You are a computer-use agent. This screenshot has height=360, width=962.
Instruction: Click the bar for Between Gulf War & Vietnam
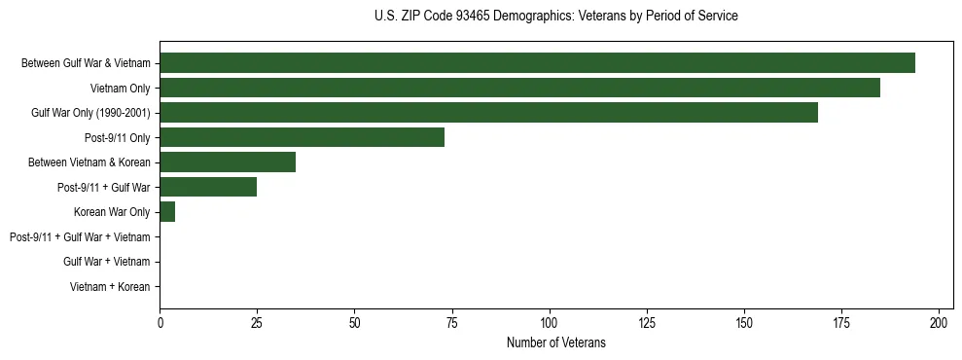(537, 63)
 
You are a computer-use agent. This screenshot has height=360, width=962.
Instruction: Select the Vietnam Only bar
(519, 88)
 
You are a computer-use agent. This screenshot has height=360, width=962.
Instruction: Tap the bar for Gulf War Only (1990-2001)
(488, 113)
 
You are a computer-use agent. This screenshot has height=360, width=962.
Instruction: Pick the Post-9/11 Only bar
(302, 137)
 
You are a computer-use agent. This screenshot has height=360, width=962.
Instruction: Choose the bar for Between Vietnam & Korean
(228, 162)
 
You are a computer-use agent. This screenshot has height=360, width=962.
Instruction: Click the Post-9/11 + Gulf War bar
(208, 187)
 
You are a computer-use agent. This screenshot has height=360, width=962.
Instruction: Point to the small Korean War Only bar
(167, 212)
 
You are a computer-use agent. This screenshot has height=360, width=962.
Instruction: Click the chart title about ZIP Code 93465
(555, 17)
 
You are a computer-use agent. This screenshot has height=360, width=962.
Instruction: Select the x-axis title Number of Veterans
(555, 342)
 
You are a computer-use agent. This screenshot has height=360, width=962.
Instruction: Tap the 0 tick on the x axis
(160, 322)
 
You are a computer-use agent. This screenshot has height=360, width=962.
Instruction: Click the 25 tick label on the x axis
(257, 322)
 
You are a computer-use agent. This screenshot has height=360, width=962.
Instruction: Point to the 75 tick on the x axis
(452, 322)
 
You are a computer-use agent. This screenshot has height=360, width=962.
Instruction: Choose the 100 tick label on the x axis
(550, 322)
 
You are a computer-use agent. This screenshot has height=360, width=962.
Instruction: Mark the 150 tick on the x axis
(744, 322)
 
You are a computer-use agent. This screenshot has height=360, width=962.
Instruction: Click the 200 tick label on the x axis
(939, 322)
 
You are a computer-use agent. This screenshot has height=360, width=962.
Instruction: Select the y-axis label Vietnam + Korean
(110, 287)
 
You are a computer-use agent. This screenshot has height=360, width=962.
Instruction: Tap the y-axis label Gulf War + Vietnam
(106, 262)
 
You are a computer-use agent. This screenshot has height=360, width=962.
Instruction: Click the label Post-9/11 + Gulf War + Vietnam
(80, 237)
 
